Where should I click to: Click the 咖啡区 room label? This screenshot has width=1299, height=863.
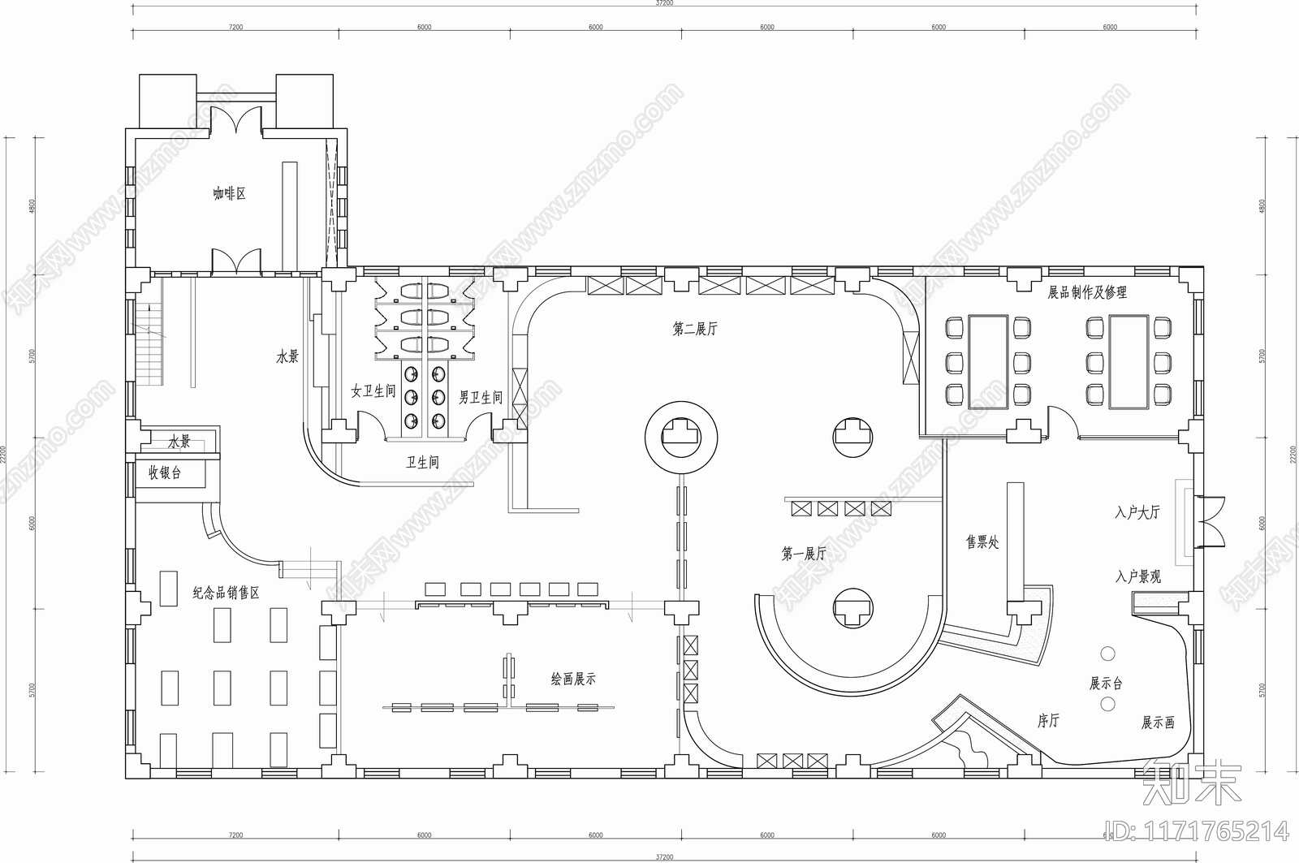(x=229, y=194)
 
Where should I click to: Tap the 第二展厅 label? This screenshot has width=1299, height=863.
(x=695, y=329)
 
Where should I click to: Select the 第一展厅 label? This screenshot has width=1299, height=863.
(x=803, y=554)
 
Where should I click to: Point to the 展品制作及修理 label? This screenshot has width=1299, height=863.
(x=1087, y=292)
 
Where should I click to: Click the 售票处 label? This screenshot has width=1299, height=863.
(x=982, y=542)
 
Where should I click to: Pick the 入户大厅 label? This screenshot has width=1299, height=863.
(x=1137, y=512)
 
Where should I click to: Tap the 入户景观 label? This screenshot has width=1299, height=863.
(x=1137, y=576)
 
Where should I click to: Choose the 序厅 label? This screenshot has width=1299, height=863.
(x=1048, y=720)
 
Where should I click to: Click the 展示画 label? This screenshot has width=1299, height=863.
(x=1158, y=722)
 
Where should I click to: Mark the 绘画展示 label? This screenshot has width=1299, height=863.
(x=573, y=679)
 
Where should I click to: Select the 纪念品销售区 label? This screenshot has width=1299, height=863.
(x=226, y=593)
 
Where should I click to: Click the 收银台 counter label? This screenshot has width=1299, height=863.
(x=165, y=472)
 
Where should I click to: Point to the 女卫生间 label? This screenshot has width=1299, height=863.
(x=373, y=391)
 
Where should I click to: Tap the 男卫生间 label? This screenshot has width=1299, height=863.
(x=481, y=397)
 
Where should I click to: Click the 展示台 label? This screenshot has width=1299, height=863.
(x=1106, y=684)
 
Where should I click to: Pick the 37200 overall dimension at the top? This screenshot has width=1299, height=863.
(x=663, y=3)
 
